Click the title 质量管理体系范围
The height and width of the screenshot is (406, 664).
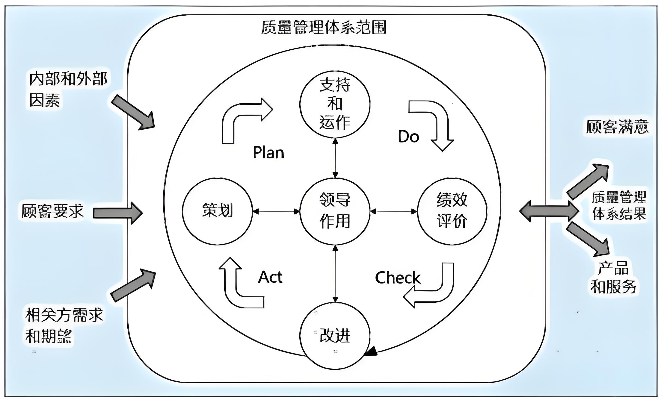click(x=324, y=27)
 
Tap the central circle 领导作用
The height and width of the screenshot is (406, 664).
click(x=335, y=211)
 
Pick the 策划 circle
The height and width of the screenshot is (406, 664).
click(x=218, y=211)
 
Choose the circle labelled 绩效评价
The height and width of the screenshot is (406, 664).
click(x=452, y=211)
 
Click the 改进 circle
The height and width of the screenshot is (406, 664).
click(x=335, y=335)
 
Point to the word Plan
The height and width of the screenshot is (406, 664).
click(x=268, y=153)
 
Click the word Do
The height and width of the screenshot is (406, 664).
click(x=408, y=137)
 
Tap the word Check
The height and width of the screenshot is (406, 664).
click(x=398, y=278)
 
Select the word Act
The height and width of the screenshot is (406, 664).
click(x=270, y=277)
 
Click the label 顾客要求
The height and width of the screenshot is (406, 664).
click(x=53, y=211)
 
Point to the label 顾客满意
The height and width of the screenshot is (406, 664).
click(x=617, y=127)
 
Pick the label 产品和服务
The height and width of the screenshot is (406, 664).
click(x=613, y=277)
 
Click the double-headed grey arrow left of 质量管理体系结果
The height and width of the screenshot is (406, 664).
click(x=549, y=211)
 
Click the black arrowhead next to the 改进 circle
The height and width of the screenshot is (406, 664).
click(x=372, y=352)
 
